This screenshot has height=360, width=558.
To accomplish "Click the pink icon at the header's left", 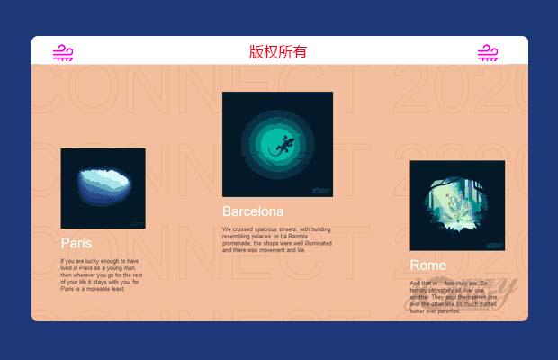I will (62, 53).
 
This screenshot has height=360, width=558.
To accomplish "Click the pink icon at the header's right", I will (488, 53).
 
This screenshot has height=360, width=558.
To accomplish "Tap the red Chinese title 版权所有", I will (278, 51).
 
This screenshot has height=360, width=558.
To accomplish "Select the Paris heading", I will (76, 243).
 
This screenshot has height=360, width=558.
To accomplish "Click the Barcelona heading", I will (253, 211).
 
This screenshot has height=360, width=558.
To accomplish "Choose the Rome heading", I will (427, 265).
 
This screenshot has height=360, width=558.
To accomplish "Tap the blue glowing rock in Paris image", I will (103, 185).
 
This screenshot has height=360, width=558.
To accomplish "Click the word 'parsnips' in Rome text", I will (447, 310).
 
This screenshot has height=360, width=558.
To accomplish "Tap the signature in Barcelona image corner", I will (323, 190).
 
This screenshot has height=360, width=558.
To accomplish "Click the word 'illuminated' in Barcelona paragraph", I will (314, 243).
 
